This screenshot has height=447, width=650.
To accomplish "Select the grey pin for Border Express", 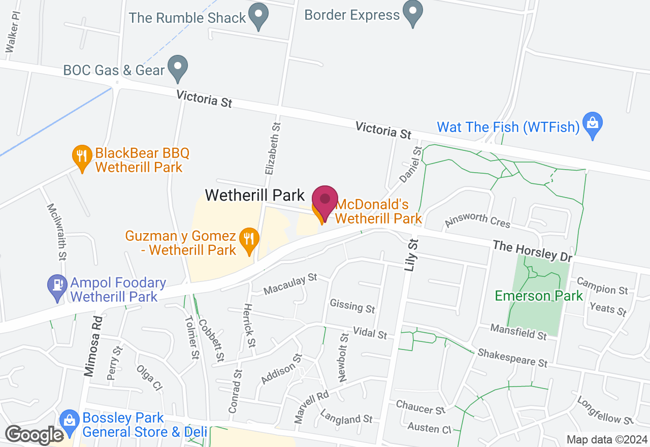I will click(x=412, y=11).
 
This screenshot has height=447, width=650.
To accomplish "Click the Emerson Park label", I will click(x=539, y=296).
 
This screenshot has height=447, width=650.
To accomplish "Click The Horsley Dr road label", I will click(x=532, y=251).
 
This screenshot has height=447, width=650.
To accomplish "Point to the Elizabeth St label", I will click(x=272, y=148).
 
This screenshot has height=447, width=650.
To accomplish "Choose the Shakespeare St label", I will click(x=512, y=358).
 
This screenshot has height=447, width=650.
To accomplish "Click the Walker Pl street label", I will click(x=13, y=32).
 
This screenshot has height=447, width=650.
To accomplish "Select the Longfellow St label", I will click(x=605, y=410).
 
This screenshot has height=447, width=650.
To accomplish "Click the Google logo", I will click(x=35, y=435).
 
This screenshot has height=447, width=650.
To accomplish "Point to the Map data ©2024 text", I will click(x=607, y=439).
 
